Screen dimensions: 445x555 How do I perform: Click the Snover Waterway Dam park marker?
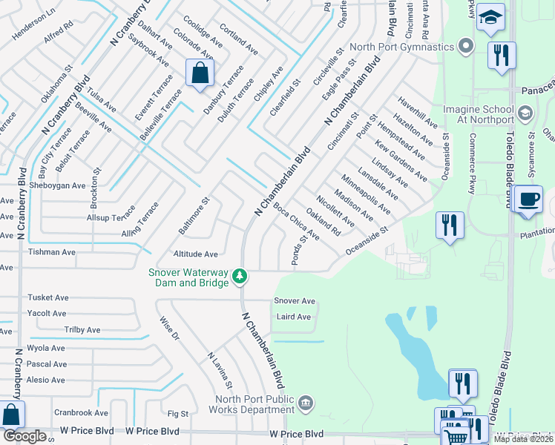[x=239, y=277]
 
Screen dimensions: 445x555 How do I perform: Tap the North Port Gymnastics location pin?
[x=466, y=47]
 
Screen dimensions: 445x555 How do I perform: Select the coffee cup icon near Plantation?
[x=528, y=200]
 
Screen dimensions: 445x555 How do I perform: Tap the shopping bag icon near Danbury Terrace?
[x=200, y=73]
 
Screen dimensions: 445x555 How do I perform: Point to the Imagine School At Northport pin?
[x=525, y=113]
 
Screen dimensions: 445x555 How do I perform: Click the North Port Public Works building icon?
[x=306, y=404]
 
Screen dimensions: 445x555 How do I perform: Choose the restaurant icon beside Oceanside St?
[x=450, y=225]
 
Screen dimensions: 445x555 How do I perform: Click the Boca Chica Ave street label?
[x=296, y=222]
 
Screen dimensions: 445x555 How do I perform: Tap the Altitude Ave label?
[x=195, y=254]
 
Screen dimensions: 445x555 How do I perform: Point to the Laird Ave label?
[x=293, y=317]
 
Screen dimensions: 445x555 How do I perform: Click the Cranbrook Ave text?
[x=81, y=413]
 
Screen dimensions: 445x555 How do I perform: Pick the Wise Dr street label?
[x=170, y=329]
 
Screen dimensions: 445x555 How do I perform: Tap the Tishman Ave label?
[x=52, y=252]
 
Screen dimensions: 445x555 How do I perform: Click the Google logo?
[x=24, y=436]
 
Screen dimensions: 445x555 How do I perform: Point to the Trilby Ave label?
[x=82, y=330]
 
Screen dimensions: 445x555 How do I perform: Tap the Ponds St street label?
[x=299, y=251]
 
